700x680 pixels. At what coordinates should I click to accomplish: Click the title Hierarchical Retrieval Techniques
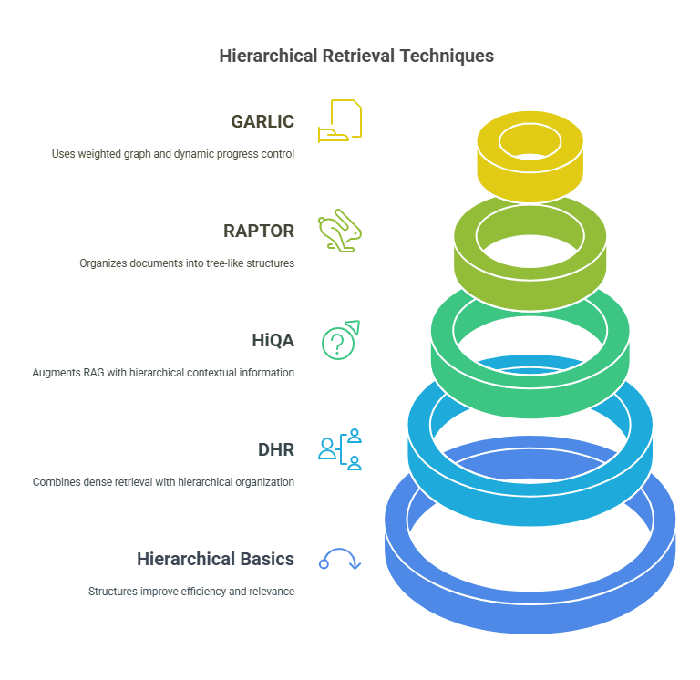point(356,57)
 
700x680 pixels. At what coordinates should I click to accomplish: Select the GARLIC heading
point(262,121)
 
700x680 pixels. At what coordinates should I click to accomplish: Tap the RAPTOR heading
point(259,231)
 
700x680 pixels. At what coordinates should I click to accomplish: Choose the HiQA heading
point(273,340)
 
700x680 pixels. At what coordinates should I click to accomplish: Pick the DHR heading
point(276,449)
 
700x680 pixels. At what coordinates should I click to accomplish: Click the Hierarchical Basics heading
point(215,559)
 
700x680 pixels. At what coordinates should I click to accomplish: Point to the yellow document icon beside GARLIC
point(340,121)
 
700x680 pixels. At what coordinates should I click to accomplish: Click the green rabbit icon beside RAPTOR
point(340,231)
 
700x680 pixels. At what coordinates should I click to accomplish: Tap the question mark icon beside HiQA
point(340,340)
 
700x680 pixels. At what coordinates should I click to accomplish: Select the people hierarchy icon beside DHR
point(340,449)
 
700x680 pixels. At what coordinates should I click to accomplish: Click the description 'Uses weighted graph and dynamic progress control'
point(173,154)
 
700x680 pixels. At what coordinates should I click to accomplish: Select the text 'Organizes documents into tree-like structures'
point(187,263)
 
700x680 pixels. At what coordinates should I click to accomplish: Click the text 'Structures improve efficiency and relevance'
point(191,592)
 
